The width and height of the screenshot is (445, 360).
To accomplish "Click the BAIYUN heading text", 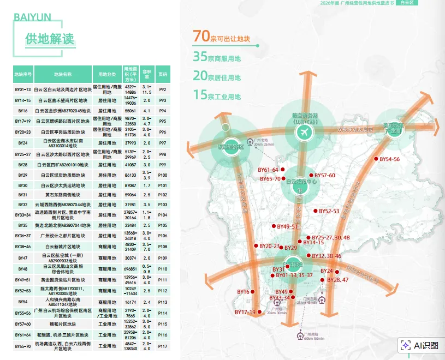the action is tap(32, 18).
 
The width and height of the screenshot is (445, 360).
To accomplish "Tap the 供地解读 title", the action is tap(50, 39).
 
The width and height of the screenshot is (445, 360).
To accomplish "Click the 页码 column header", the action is tap(162, 74).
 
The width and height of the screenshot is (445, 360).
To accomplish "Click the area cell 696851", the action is tap(130, 269).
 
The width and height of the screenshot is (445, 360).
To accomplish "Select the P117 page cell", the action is tap(162, 345).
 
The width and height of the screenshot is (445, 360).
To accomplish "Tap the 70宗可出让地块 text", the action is tap(221, 37).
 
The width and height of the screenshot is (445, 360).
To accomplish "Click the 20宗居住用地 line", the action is tap(217, 76).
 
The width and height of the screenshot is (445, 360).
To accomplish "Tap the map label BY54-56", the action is tap(390, 159).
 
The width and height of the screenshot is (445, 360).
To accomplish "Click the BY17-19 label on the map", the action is tap(245, 312).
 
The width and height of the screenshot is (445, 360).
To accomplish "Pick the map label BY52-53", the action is tap(329, 211).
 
